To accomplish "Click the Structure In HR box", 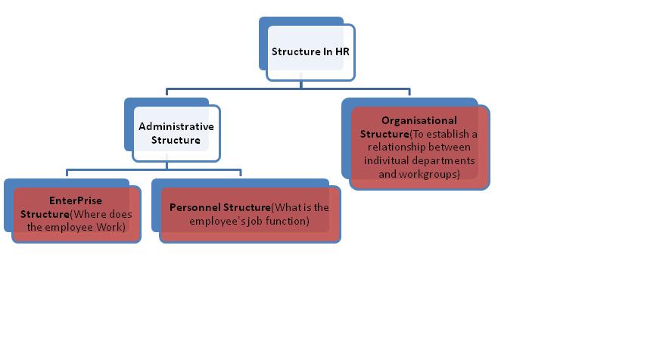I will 310,52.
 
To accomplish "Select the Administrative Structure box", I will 176,133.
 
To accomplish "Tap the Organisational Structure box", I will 419,147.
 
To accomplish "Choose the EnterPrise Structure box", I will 76,214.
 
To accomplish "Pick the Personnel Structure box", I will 250,214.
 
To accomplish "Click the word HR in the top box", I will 341,52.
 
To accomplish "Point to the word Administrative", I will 176,126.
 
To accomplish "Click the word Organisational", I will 419,119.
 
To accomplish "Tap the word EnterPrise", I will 76,200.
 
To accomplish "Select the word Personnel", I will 199,207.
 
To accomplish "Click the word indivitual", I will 387,160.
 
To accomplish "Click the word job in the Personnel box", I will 251,221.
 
